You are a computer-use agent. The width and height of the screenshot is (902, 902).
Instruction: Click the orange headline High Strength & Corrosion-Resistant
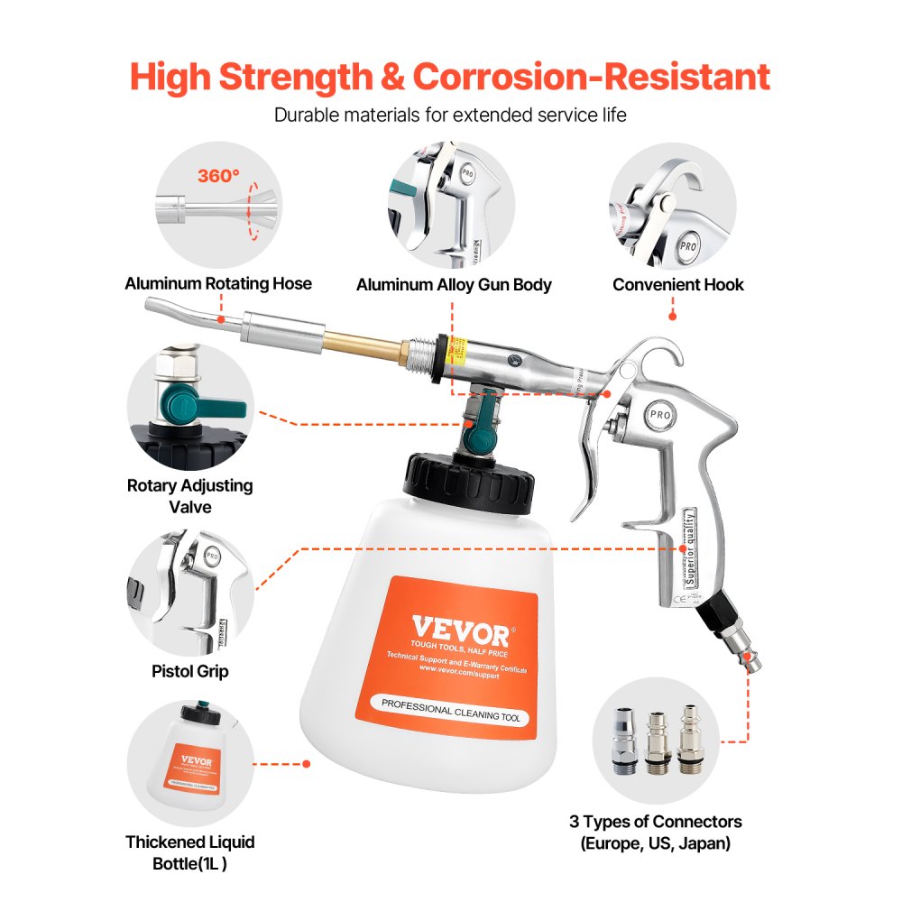point(450,77)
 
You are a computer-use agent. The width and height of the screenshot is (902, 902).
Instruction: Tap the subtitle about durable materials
point(450,115)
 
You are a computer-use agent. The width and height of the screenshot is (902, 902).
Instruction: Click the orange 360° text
point(218,176)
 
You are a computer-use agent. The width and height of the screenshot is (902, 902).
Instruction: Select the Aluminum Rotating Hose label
point(218,283)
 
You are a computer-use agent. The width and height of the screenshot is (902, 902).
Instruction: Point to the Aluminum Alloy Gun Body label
point(454,284)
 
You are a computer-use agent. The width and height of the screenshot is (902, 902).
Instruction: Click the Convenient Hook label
point(678,284)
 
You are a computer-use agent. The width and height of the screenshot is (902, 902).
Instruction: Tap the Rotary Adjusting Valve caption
point(189,496)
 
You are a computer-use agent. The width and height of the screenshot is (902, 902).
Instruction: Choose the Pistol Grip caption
point(189,671)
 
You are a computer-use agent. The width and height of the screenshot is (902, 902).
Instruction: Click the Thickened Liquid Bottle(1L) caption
point(189,852)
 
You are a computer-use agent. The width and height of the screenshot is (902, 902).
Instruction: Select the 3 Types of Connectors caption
point(656,833)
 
